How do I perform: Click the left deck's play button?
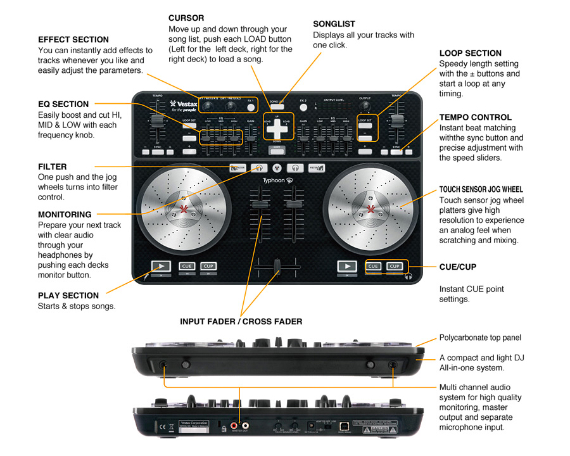tap(161, 266)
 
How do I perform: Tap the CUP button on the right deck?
tap(395, 266)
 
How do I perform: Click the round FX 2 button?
tap(303, 106)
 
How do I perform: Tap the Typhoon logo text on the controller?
tap(274, 180)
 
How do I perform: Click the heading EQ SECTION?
tap(63, 104)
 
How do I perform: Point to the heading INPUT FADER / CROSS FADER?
tap(241, 322)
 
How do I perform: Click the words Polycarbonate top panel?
tap(480, 338)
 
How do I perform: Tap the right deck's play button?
tap(347, 266)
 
